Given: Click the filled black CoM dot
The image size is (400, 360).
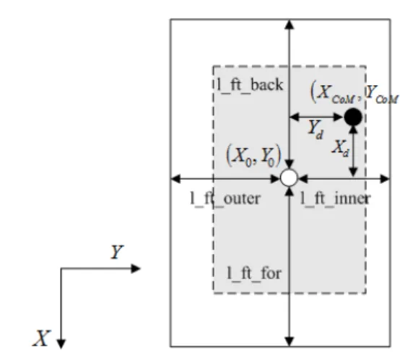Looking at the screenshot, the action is click(353, 117).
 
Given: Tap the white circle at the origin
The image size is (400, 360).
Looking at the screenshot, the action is click(289, 177).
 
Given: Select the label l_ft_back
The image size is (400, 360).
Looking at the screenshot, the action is click(250, 85).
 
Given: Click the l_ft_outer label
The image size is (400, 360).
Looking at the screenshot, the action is click(225, 199).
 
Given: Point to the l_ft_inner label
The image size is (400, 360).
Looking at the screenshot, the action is click(335, 199).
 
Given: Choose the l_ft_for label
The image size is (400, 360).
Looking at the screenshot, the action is click(254, 274).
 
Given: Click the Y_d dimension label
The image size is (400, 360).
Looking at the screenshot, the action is click(316, 130).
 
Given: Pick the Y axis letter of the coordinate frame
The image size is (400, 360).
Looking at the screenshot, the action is click(117, 252).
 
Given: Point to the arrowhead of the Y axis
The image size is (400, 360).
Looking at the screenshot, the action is click(136, 268).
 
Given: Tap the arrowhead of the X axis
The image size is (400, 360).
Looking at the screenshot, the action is click(61, 344).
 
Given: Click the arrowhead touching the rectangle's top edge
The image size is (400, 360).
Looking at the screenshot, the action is click(289, 25).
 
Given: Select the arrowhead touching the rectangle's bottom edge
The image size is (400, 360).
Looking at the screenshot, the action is click(289, 342).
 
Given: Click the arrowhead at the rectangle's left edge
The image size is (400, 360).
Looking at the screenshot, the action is click(175, 178).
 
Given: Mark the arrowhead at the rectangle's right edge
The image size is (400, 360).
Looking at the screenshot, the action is click(385, 178).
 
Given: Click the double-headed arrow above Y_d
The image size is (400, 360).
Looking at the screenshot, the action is click(316, 117).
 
